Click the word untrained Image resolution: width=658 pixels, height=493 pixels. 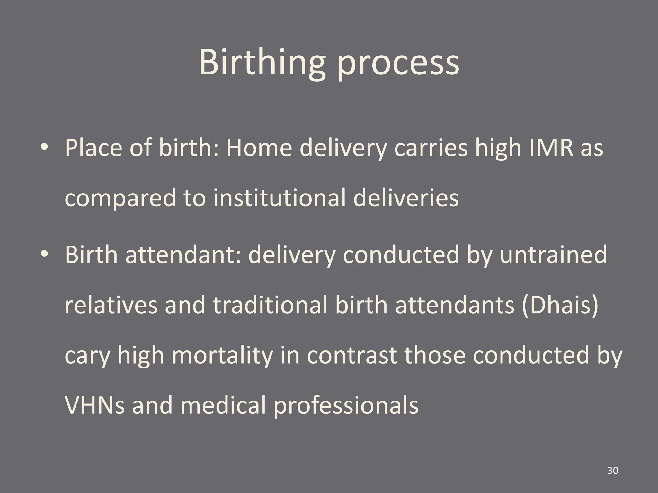click(553, 255)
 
